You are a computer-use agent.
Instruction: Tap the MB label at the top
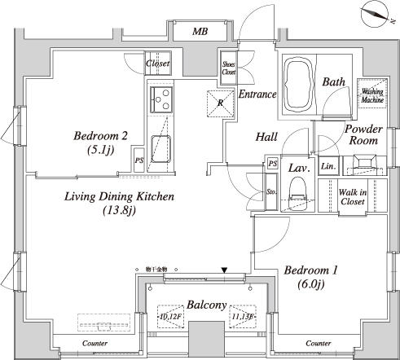[x=200, y=32]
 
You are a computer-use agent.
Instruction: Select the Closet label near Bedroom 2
[x=158, y=64]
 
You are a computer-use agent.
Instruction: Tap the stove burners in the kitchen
[x=159, y=103]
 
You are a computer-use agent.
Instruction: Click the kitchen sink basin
[x=160, y=149]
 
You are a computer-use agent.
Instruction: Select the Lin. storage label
[x=327, y=166]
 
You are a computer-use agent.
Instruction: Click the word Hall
[x=267, y=137]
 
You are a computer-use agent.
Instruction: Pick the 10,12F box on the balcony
[x=173, y=317]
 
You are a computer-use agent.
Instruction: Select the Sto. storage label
[x=271, y=192]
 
